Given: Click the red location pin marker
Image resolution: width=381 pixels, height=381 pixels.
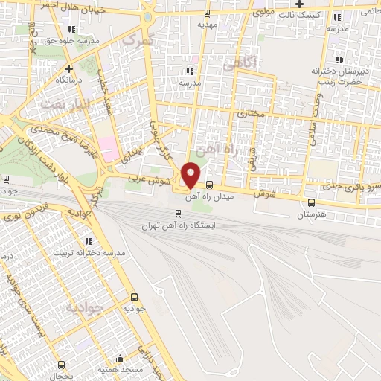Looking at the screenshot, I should pyautogui.click(x=191, y=174).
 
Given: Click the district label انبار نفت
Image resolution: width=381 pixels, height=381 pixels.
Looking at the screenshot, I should pyautogui.click(x=65, y=103).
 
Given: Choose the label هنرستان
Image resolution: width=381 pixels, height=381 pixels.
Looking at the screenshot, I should pyautogui.click(x=311, y=214).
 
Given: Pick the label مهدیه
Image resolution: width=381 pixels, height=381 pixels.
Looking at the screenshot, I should pyautogui.click(x=208, y=24).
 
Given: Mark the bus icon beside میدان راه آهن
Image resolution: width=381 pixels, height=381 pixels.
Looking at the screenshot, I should pyautogui.click(x=210, y=185).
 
